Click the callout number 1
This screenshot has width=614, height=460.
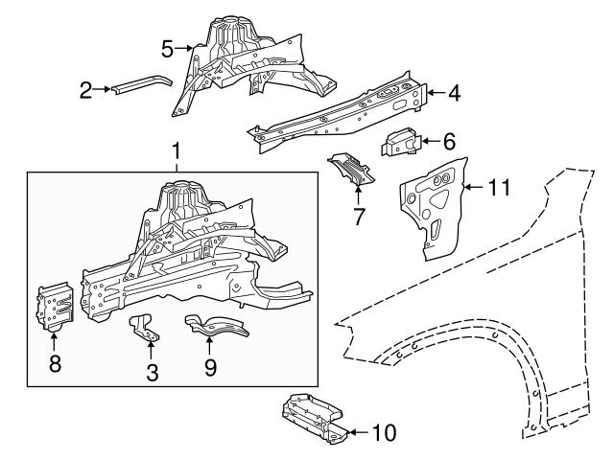[x=176, y=150]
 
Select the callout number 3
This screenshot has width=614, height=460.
[x=152, y=372]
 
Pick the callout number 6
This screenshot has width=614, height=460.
[x=449, y=141]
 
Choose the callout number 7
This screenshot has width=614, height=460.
[x=359, y=216]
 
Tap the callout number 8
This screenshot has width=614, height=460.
[x=54, y=364]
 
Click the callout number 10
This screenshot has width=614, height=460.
[x=383, y=432]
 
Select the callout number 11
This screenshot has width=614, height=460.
[x=496, y=187]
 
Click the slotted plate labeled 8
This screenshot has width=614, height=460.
[x=55, y=306]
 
